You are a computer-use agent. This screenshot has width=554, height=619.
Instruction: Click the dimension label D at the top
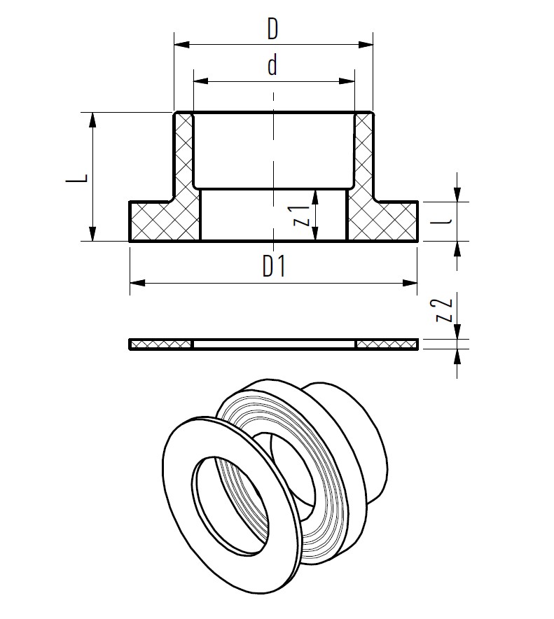coord(272,29)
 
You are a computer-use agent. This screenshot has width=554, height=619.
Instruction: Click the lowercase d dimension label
coord(272,65)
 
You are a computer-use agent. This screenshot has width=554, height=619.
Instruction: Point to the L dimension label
coord(76,177)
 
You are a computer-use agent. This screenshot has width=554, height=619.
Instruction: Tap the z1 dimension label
coord(301,216)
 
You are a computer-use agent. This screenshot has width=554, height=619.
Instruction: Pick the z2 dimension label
coord(443,310)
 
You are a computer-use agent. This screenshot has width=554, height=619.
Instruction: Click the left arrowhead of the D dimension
coord(182,44)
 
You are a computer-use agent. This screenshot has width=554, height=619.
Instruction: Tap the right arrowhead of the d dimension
coord(347,81)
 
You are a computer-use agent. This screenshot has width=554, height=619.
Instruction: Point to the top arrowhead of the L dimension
coord(92,120)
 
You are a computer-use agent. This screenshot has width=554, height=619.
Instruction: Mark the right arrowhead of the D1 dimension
coord(410,283)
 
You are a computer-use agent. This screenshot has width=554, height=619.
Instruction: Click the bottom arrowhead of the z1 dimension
coord(314,233)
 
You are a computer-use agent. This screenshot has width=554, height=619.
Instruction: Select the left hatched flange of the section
coord(165,221)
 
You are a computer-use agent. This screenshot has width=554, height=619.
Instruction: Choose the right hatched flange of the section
coord(382,221)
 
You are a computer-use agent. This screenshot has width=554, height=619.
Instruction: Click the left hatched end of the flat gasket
coord(161,345)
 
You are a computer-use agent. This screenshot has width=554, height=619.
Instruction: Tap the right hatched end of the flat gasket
coord(387,345)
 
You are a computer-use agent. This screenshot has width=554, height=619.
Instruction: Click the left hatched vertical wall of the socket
coord(184,156)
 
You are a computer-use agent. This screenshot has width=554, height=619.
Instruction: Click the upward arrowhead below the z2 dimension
coord(457,358)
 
